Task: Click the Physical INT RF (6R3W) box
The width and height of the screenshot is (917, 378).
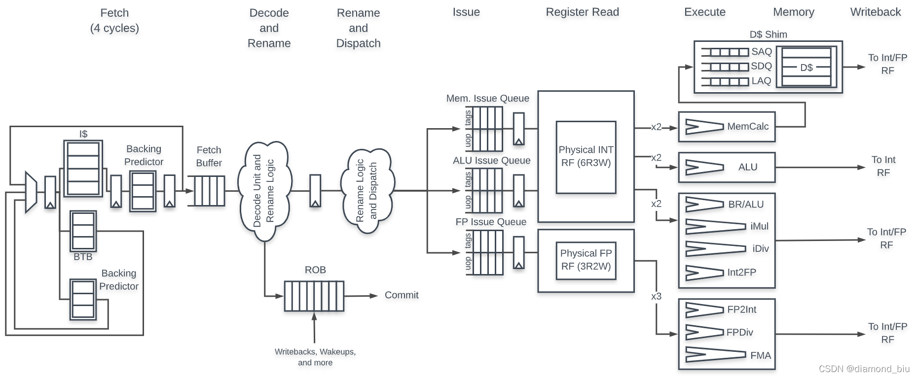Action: click(x=586, y=157)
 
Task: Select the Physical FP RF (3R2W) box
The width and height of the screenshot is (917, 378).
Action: click(x=586, y=260)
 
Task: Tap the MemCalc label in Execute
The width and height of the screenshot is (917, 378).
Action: click(x=747, y=127)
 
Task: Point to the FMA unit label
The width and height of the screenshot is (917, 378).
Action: click(x=760, y=355)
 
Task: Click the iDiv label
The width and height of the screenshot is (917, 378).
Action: click(x=760, y=248)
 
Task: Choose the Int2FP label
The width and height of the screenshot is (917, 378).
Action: click(x=741, y=272)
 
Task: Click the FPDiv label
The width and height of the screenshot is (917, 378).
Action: click(x=739, y=333)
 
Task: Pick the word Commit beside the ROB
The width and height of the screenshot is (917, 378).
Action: click(x=401, y=295)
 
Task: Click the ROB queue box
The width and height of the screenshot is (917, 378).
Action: click(x=314, y=296)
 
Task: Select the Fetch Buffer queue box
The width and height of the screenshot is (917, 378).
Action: click(x=209, y=191)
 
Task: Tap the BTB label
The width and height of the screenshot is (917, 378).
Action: click(x=83, y=257)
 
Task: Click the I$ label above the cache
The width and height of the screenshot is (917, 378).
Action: click(x=83, y=134)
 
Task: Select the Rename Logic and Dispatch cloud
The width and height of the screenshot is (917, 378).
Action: click(x=367, y=191)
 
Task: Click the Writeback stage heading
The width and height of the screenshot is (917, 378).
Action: click(x=875, y=12)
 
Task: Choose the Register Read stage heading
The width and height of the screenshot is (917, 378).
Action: click(x=582, y=12)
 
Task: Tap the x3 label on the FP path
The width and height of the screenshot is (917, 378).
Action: click(x=656, y=296)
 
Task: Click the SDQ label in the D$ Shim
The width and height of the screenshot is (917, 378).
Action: click(x=761, y=66)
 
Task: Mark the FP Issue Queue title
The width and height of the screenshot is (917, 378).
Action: click(x=491, y=222)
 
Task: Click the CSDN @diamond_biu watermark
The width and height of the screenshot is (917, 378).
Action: click(x=864, y=369)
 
